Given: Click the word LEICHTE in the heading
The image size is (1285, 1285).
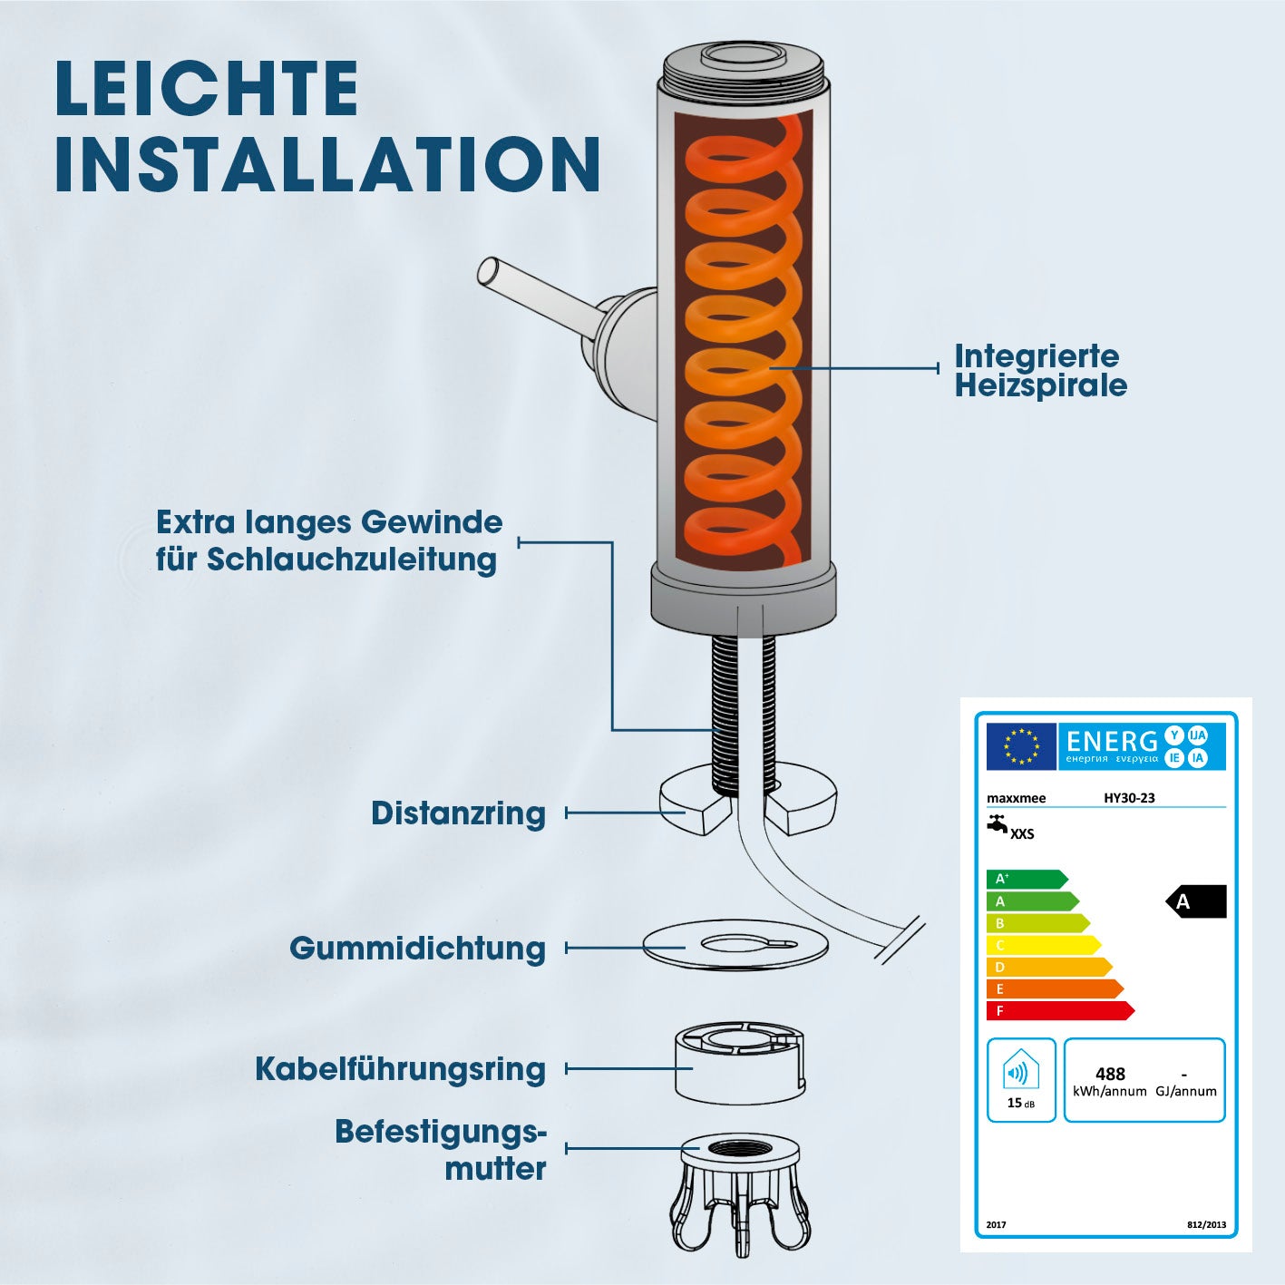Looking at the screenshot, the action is click(x=207, y=89).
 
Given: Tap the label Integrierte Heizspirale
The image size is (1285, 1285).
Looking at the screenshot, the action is click(x=1040, y=371).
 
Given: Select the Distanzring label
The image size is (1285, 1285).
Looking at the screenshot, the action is click(x=458, y=813).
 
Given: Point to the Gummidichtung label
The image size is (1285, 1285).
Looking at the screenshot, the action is click(x=417, y=949).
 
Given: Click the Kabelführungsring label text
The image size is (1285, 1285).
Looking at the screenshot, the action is click(x=400, y=1070).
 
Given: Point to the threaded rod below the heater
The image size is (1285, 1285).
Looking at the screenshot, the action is click(x=725, y=714).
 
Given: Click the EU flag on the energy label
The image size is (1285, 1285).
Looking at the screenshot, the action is click(x=1021, y=746).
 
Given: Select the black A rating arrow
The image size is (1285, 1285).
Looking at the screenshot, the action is click(x=1196, y=901).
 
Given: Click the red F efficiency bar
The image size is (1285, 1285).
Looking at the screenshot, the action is click(x=1060, y=1011).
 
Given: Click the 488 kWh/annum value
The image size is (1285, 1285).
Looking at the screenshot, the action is click(x=1110, y=1082).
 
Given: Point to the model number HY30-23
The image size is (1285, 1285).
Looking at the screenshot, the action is click(x=1130, y=797).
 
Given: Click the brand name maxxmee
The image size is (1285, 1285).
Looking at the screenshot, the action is click(x=1017, y=798).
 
